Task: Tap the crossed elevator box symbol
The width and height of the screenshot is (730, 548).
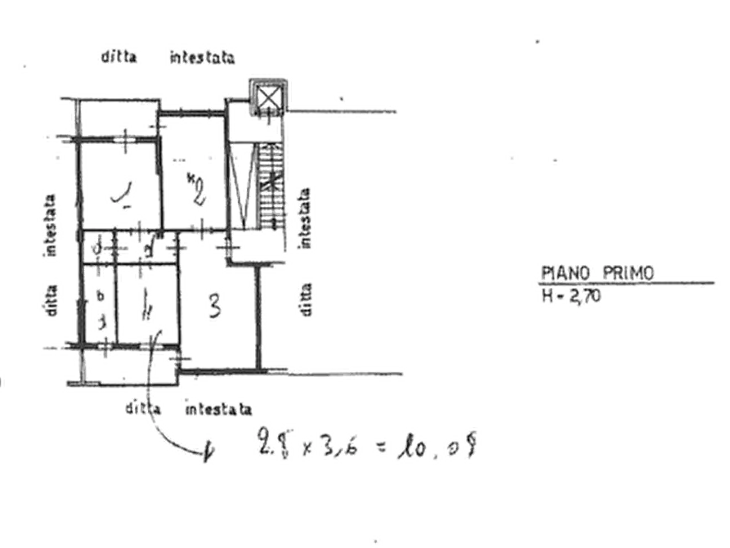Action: pyautogui.click(x=266, y=97)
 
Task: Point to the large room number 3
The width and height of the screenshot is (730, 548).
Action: pyautogui.click(x=215, y=307)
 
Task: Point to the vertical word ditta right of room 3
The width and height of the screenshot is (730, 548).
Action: pyautogui.click(x=305, y=299)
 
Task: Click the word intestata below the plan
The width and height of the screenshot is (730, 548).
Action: pyautogui.click(x=217, y=407)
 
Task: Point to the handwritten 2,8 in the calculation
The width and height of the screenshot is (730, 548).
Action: pyautogui.click(x=270, y=447)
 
